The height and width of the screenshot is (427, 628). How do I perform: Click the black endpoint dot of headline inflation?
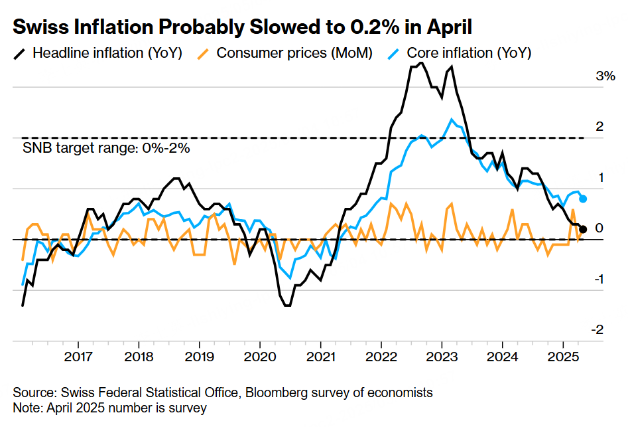pos(583,229)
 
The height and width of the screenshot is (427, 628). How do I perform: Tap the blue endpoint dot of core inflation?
pos(583,199)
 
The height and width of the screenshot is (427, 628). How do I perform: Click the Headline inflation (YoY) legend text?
pos(107,52)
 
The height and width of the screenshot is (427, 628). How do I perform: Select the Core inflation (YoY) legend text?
pos(469,52)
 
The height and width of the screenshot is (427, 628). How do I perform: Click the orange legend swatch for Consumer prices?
pos(205,52)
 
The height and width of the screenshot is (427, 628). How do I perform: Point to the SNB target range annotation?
pos(107,148)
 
